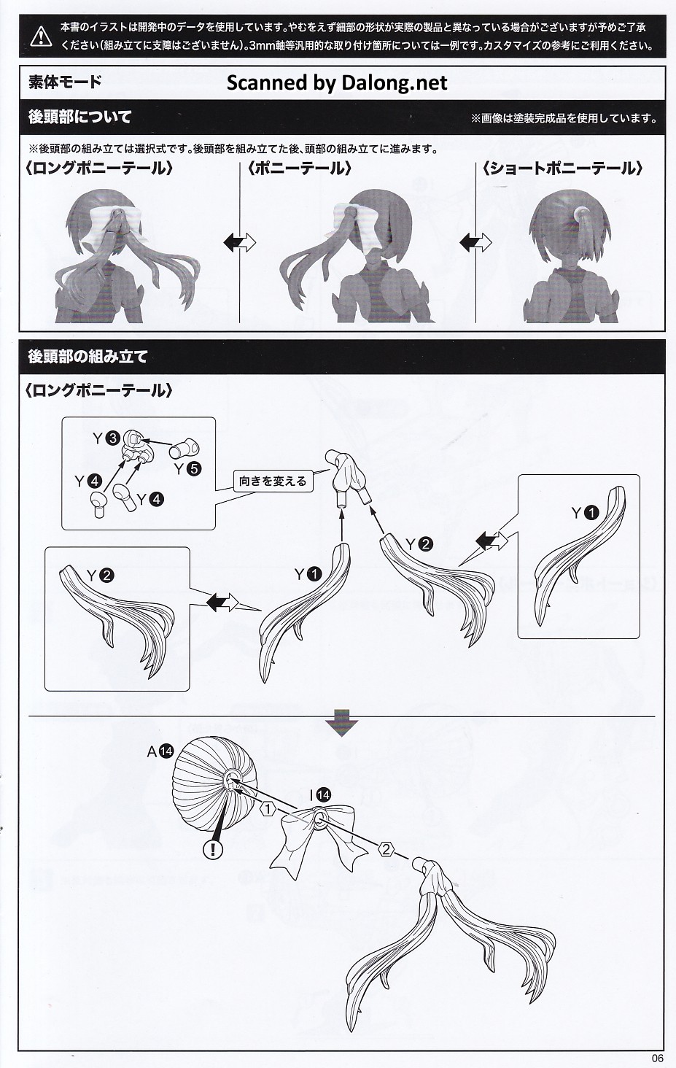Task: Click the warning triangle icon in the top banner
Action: coord(41,36)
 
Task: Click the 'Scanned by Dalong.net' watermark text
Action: coord(337,83)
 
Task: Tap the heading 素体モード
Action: coord(66,82)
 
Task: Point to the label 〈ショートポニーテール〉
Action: coord(562,169)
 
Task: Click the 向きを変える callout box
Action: coord(273,481)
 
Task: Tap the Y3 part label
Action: coord(106,438)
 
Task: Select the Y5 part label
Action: coord(188,469)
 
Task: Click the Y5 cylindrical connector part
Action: coord(184,446)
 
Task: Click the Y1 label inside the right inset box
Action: coord(585,513)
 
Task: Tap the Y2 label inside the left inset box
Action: coord(100,576)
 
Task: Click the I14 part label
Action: coord(320,795)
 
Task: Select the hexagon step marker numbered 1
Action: coord(268,809)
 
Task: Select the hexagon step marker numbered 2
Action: coord(386,849)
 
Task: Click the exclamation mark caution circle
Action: coord(213,849)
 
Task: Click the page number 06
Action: coord(657,1058)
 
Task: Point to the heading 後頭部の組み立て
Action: coord(88,357)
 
